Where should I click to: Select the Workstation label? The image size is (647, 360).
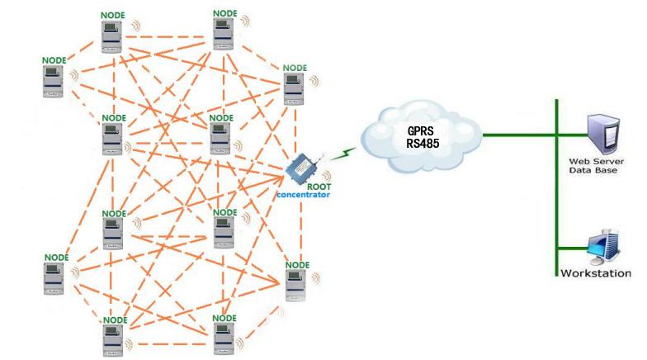pyautogui.click(x=596, y=273)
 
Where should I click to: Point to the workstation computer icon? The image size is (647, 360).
pyautogui.click(x=599, y=246)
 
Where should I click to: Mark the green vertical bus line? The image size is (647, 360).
pyautogui.click(x=557, y=190)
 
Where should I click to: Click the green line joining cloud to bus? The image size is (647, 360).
pyautogui.click(x=518, y=134)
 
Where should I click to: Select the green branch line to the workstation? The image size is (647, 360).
pyautogui.click(x=571, y=248)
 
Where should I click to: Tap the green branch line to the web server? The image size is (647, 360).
pyautogui.click(x=571, y=134)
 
